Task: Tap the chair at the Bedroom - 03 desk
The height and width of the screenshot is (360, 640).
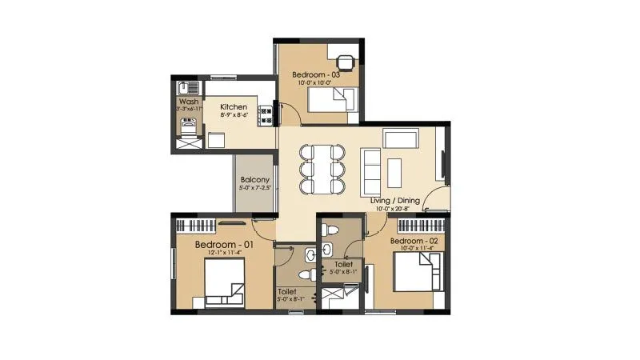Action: click(x=345, y=62)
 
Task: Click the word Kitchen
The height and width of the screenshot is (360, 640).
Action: click(x=234, y=106)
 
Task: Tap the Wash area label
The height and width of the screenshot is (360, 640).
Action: click(x=189, y=102)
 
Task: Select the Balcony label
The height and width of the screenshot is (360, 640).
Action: click(x=255, y=180)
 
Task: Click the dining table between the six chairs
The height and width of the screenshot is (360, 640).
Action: click(x=322, y=169)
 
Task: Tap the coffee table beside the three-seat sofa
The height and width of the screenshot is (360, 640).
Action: click(x=394, y=169)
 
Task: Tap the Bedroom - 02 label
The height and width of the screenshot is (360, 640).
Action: click(x=414, y=240)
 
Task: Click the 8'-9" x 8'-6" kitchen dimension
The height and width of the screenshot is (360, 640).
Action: click(x=234, y=115)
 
